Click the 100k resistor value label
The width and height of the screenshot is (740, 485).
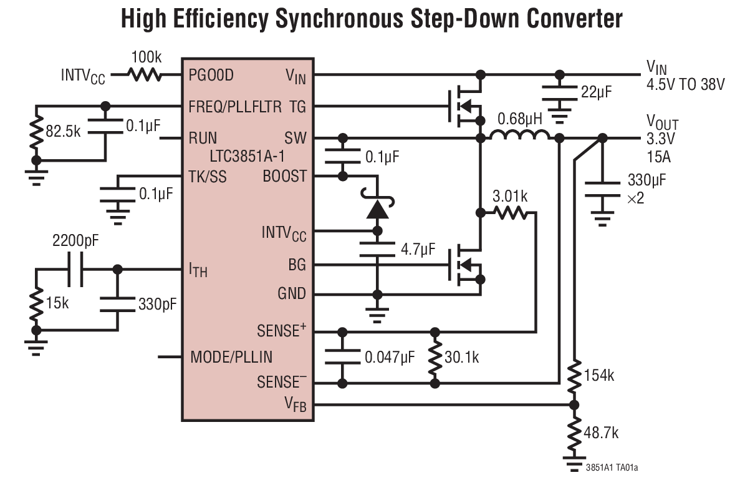pyautogui.click(x=146, y=57)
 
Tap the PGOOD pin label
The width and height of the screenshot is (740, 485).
pyautogui.click(x=211, y=76)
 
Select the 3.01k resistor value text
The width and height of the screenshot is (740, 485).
pyautogui.click(x=509, y=197)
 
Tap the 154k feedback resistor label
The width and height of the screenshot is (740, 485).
pyautogui.click(x=599, y=376)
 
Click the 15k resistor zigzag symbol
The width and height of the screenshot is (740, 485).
pyautogui.click(x=37, y=304)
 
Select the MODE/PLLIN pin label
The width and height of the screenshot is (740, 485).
pyautogui.click(x=231, y=358)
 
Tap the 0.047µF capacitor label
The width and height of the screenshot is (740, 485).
pyautogui.click(x=390, y=358)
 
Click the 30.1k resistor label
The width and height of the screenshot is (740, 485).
pyautogui.click(x=462, y=358)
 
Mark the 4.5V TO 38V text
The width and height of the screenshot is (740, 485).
pyautogui.click(x=686, y=85)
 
